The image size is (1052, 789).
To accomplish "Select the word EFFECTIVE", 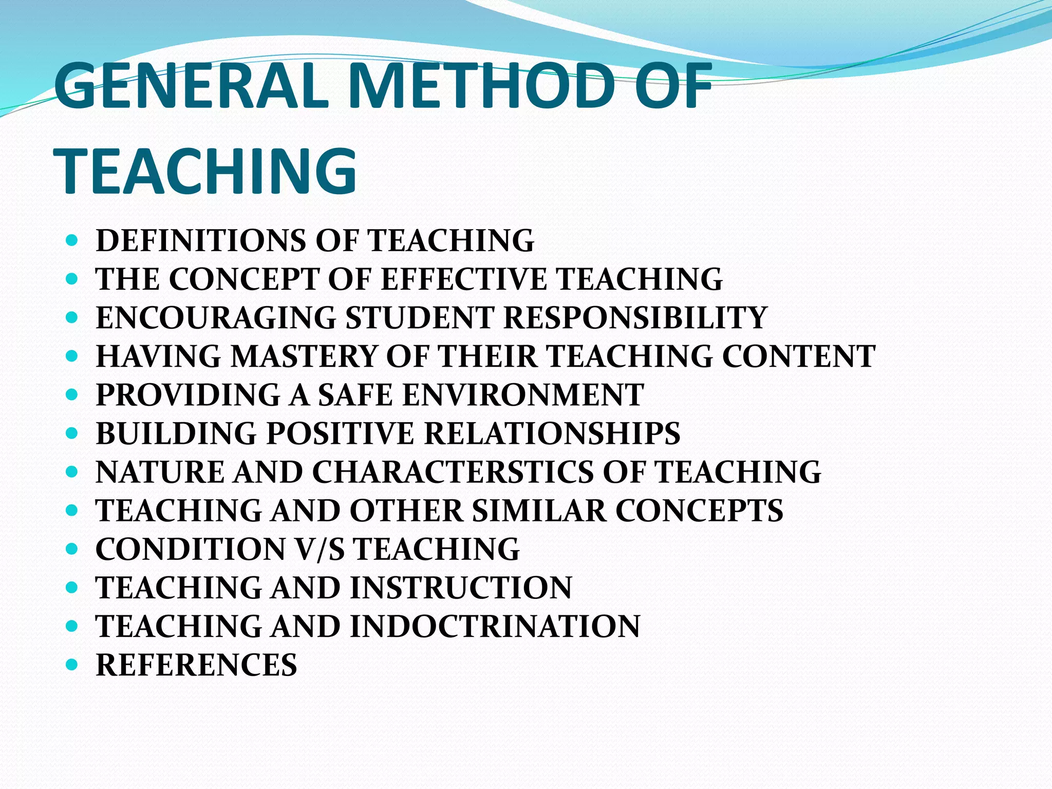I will pyautogui.click(x=464, y=279).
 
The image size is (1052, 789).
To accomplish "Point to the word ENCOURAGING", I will pyautogui.click(x=216, y=317).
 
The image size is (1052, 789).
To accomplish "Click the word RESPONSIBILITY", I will pyautogui.click(x=635, y=317).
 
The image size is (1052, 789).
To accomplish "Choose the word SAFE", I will pyautogui.click(x=355, y=394).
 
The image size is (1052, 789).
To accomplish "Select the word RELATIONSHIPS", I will pyautogui.click(x=552, y=433).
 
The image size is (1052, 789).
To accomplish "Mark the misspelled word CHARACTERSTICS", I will pyautogui.click(x=453, y=472).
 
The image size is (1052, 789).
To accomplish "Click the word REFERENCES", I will pyautogui.click(x=196, y=665).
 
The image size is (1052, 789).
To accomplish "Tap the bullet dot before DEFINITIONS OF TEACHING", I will pyautogui.click(x=72, y=241).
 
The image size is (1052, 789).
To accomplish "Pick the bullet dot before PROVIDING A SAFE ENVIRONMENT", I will pyautogui.click(x=72, y=395).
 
